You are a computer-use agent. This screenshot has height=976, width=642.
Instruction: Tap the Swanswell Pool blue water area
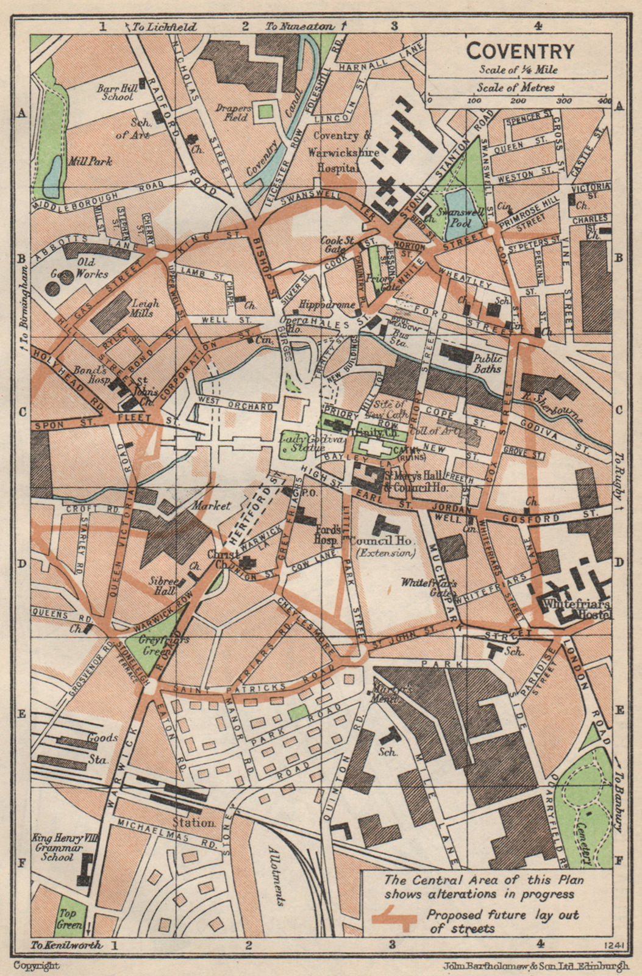tap(459, 207)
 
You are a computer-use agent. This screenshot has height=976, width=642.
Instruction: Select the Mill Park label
tap(90, 162)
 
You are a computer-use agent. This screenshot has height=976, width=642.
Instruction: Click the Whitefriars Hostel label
tap(576, 609)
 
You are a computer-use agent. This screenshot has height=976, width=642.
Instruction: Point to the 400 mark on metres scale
tap(604, 100)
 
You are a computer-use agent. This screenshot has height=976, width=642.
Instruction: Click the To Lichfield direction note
tap(164, 26)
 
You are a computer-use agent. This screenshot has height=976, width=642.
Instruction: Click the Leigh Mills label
tap(144, 308)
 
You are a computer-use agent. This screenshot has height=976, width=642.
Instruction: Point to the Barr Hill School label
tap(116, 92)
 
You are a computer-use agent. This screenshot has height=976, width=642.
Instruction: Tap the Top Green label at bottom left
tap(70, 920)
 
